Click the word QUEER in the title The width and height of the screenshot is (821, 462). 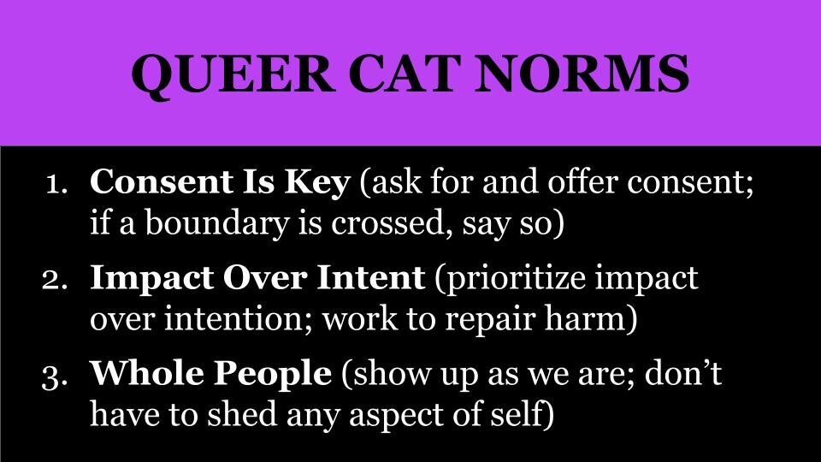tap(233, 75)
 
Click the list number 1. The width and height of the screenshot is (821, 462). tap(57, 185)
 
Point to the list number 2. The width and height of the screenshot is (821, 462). tap(55, 281)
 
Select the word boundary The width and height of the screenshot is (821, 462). tap(216, 223)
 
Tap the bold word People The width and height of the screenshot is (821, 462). tap(273, 375)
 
